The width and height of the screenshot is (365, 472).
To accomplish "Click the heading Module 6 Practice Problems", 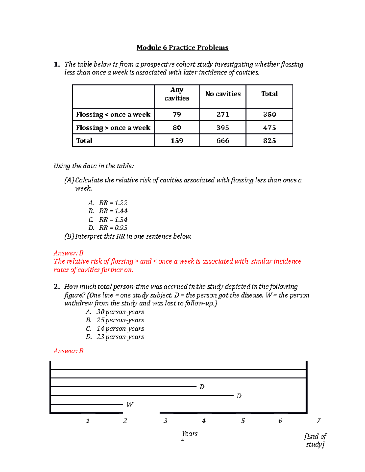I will pyautogui.click(x=182, y=47).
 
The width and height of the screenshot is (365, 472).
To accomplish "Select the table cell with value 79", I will pyautogui.click(x=177, y=114).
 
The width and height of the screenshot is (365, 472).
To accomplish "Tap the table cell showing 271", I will pyautogui.click(x=223, y=114).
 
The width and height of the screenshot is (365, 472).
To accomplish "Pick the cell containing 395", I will pyautogui.click(x=223, y=128).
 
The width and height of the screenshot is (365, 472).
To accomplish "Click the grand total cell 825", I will pyautogui.click(x=269, y=140).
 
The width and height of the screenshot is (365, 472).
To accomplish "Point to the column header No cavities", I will pyautogui.click(x=223, y=94).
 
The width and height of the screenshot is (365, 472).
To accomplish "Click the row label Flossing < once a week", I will pyautogui.click(x=113, y=114).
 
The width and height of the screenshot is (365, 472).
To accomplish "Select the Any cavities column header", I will pyautogui.click(x=177, y=94).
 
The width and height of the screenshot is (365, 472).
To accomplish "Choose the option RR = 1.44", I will pyautogui.click(x=113, y=211).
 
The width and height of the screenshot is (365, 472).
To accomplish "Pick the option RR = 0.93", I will pyautogui.click(x=113, y=228).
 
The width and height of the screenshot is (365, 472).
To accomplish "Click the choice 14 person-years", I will pyautogui.click(x=120, y=329).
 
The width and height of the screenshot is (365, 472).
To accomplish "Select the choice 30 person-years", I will pyautogui.click(x=120, y=312).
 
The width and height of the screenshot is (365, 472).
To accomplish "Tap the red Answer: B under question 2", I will pyautogui.click(x=68, y=351).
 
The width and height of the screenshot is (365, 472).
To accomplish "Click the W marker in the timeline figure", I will pyautogui.click(x=130, y=404).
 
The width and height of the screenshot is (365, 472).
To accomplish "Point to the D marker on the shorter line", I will pyautogui.click(x=202, y=387).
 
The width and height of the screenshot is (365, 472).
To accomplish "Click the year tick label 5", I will pyautogui.click(x=243, y=421).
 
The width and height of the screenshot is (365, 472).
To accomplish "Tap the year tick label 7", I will pyautogui.click(x=318, y=421).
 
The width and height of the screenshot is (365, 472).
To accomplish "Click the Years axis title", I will pyautogui.click(x=190, y=434).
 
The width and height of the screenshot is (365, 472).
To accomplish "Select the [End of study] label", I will pyautogui.click(x=315, y=440).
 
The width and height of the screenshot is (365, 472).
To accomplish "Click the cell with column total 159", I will pyautogui.click(x=177, y=140).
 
